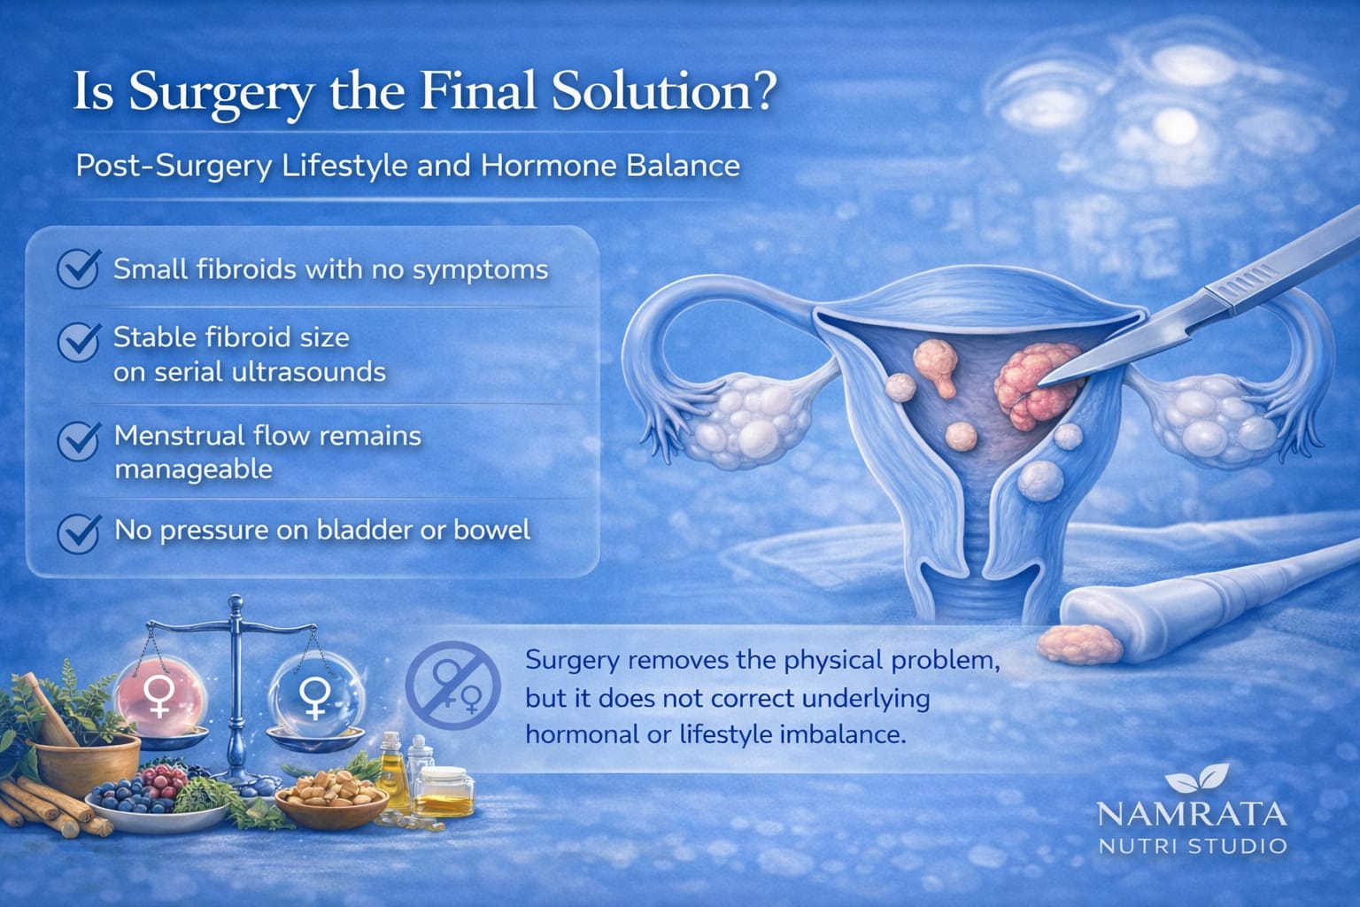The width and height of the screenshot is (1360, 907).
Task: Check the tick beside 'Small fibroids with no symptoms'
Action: (x=78, y=268)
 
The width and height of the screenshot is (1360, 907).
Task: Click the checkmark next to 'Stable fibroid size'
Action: (x=78, y=342)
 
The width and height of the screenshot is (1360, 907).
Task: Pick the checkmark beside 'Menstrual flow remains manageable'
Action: (x=78, y=440)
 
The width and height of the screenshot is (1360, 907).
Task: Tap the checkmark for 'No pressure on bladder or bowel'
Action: (x=78, y=532)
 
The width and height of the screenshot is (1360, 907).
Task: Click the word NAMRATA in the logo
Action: (x=1192, y=814)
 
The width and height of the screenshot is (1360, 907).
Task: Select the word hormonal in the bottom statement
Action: (x=588, y=734)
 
